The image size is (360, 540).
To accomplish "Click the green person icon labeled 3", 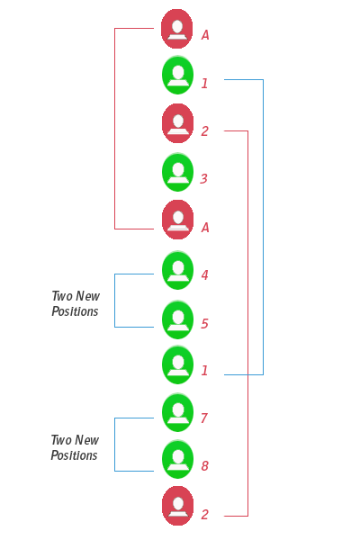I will coord(178,171).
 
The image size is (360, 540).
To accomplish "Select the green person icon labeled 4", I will coord(178,269).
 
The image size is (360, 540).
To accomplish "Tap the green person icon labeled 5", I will coord(178,319).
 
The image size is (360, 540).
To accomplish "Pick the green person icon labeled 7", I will coord(178,412).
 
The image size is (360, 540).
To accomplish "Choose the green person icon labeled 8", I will coord(178,459).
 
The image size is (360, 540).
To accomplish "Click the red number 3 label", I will coord(204,179).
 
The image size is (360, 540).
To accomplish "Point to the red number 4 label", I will coord(204,275).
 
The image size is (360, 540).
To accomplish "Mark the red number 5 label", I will coord(204,324).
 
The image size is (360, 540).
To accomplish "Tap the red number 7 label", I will coord(204,418).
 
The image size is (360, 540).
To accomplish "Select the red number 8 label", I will coord(204,466).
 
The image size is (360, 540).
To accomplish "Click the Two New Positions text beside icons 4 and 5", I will coord(76,304).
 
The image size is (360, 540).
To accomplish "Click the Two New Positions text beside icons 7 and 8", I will coord(75,447).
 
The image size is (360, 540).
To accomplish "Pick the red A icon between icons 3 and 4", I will coord(178,220).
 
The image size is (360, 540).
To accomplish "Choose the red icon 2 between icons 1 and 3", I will coord(178,123).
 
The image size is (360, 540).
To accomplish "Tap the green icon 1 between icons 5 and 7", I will coord(178,364).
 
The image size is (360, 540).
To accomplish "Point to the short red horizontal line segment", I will coord(134,229).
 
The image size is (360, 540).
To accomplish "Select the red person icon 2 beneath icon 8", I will coord(178,505).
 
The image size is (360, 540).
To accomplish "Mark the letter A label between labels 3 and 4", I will coord(205,229).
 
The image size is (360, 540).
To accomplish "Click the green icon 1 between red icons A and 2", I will coord(178,75).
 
